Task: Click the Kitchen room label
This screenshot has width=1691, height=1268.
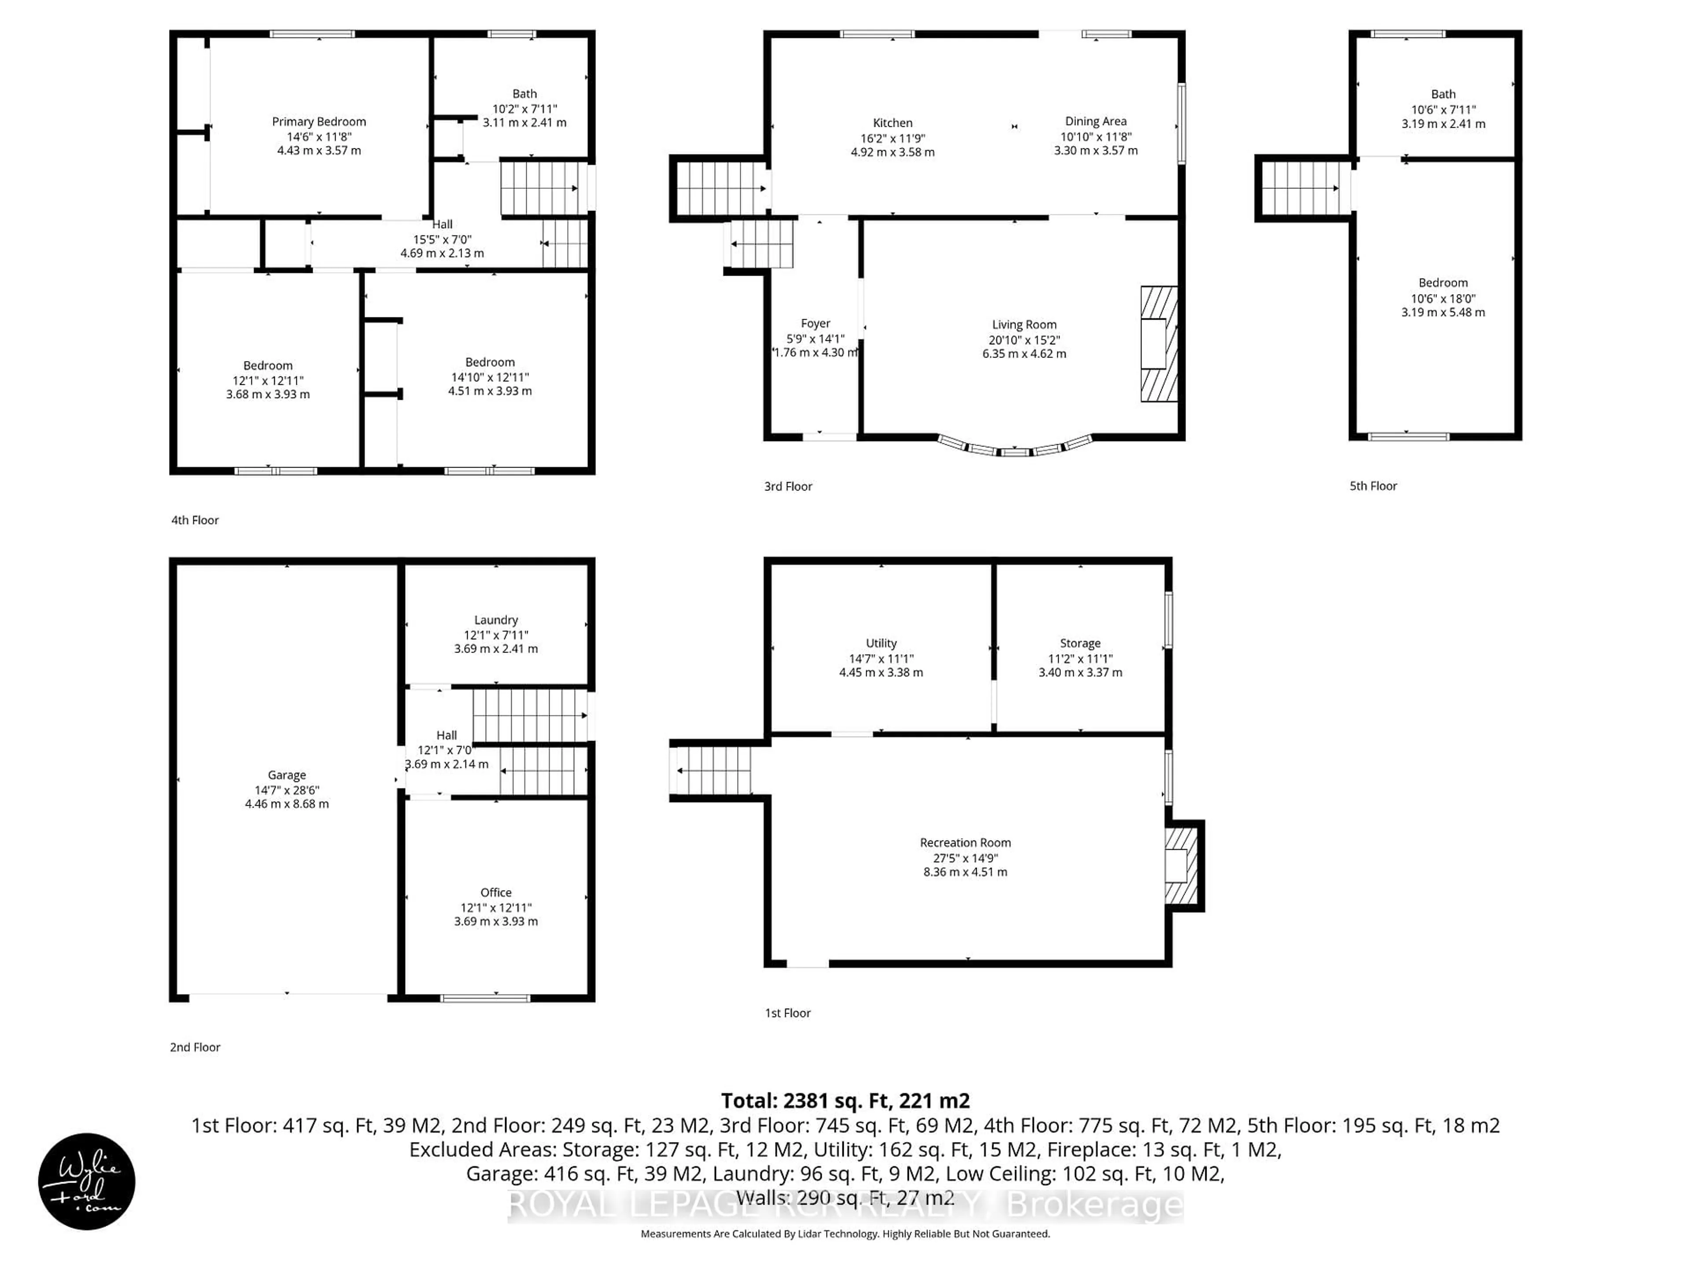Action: (892, 123)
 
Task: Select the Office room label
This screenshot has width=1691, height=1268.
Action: (495, 893)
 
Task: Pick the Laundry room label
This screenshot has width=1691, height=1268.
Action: (495, 620)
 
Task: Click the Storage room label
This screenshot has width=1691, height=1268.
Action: (1079, 644)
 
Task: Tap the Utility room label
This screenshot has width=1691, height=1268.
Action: (881, 644)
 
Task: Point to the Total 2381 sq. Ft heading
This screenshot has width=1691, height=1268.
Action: (845, 1101)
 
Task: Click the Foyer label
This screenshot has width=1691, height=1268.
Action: (815, 324)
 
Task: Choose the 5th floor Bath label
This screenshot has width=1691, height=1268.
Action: (1443, 95)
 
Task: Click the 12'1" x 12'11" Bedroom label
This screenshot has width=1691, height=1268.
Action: (268, 366)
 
